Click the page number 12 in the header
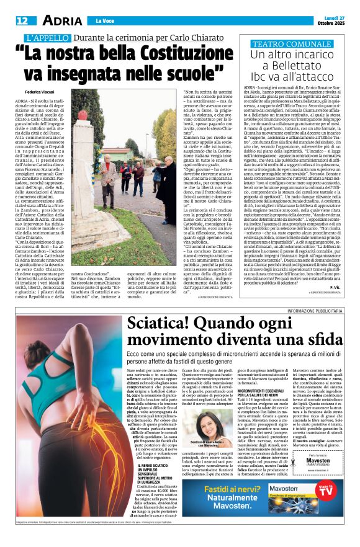pyautogui.click(x=22, y=20)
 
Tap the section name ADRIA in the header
pyautogui.click(x=58, y=20)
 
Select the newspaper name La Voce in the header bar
pyautogui.click(x=105, y=21)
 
